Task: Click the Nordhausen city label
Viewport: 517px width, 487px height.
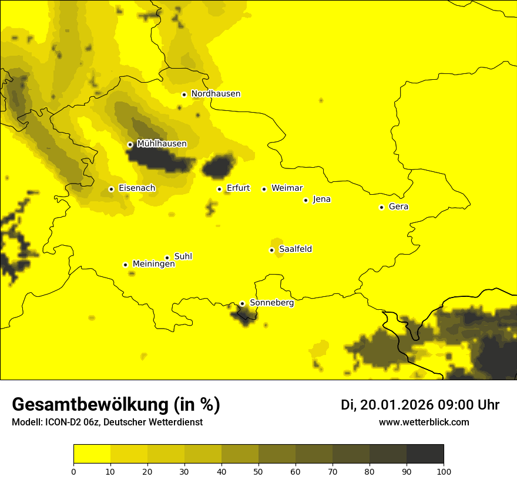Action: coord(216,94)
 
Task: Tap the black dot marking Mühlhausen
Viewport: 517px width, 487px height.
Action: coord(130,144)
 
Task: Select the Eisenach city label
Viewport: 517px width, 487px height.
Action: coord(137,188)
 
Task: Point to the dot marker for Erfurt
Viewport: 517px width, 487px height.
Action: coord(219,189)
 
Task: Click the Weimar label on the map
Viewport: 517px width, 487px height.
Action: coord(287,188)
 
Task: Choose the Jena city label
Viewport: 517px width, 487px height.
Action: coord(321,199)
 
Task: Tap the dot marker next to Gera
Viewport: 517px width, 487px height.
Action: coord(381,207)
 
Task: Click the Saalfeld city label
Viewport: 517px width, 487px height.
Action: coord(295,249)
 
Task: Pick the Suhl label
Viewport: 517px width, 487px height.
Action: coord(183,256)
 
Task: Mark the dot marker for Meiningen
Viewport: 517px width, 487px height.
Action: coord(125,265)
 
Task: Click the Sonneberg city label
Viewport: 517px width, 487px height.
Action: coord(271,303)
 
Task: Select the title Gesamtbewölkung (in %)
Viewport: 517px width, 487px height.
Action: coord(116,405)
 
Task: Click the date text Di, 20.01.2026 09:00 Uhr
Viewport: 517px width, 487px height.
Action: coord(420,405)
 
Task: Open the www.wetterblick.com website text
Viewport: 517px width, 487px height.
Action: coord(424,422)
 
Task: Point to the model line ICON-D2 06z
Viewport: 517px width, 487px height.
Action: coord(107,422)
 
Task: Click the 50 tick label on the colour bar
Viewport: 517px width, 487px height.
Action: coord(258,471)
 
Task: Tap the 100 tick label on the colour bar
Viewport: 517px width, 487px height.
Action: coord(444,471)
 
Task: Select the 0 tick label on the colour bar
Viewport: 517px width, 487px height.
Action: coord(73,471)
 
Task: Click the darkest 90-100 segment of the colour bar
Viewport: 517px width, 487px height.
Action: coord(425,454)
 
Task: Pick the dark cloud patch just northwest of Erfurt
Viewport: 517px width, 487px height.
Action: coord(218,167)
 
